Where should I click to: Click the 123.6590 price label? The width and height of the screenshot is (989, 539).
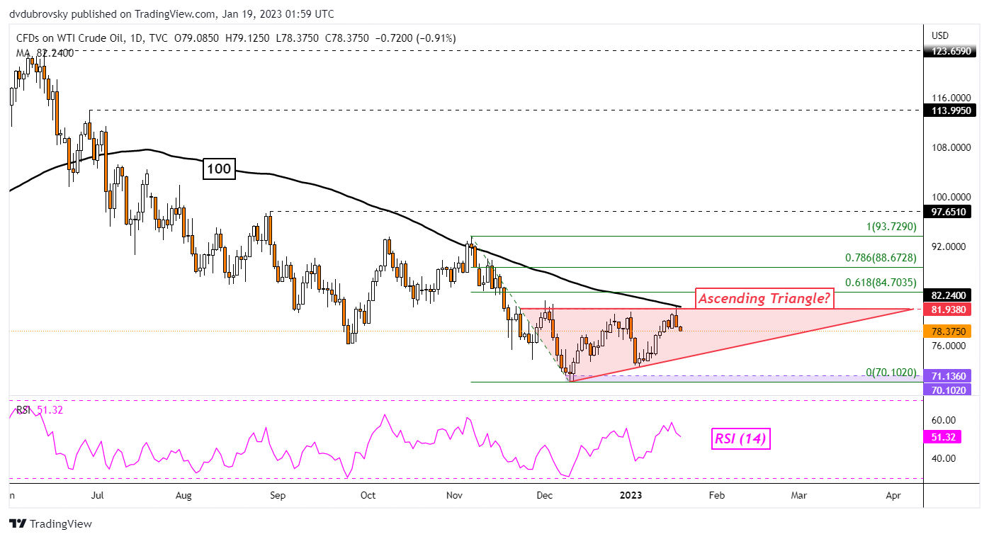pos(953,51)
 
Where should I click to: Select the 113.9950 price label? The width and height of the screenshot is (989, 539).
pos(953,110)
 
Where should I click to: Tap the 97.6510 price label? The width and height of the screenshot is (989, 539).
pos(953,211)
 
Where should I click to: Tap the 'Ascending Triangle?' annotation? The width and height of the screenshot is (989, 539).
pos(764,299)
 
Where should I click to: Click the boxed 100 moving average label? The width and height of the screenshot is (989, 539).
pos(219,169)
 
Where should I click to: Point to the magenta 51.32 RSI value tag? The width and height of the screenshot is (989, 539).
pos(944,438)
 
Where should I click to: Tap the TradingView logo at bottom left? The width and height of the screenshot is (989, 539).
pos(51,524)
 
